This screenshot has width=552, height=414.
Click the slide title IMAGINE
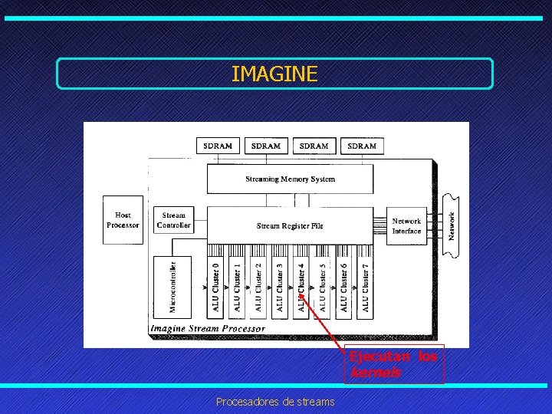pos(274,74)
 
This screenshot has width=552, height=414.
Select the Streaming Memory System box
pos(290,179)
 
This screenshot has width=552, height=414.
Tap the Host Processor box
pos(123,221)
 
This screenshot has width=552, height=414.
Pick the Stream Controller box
pos(173,221)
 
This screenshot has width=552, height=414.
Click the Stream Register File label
pos(290,226)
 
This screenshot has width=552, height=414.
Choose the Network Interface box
pos(406,226)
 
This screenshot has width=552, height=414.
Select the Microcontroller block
pos(173,286)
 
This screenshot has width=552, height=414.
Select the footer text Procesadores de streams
pos(274,401)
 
